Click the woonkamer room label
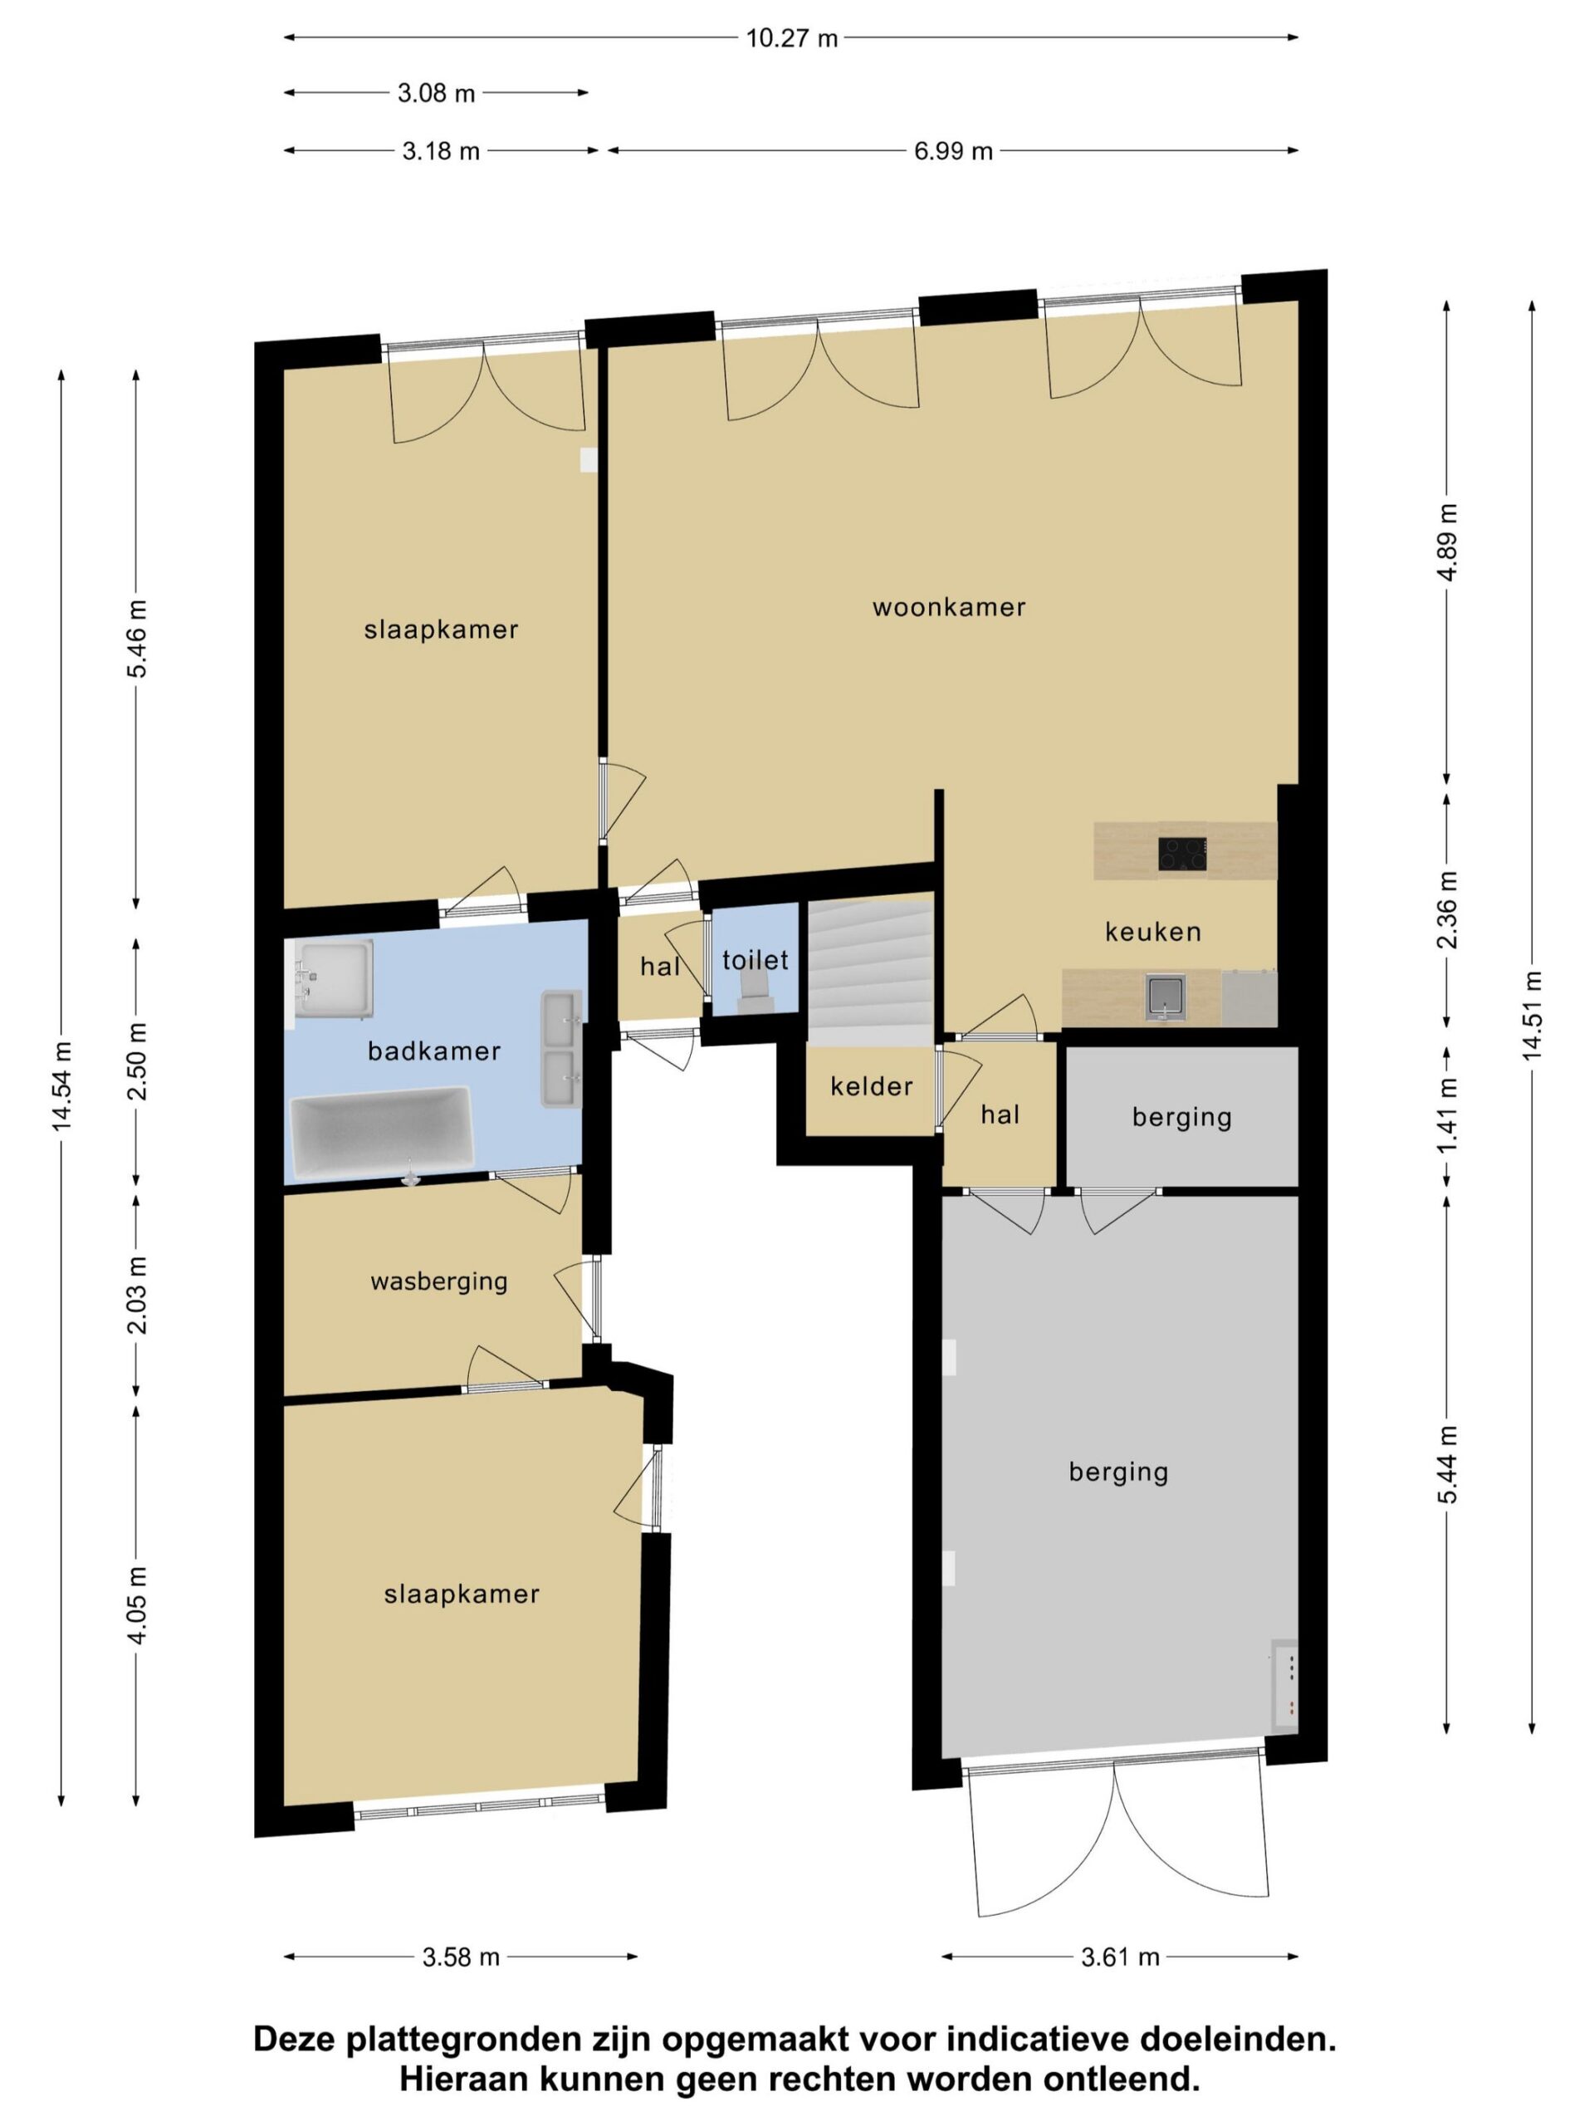pos(948,606)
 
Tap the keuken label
pos(1153,931)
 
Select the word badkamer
pos(434,1051)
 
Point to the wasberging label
pos(439,1281)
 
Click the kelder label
pos(872,1086)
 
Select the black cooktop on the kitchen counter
pos(1183,854)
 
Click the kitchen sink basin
pos(1166,997)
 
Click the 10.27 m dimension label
pos(792,38)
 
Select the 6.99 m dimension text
pos(953,151)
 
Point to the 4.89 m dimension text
pos(1448,541)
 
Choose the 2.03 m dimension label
pos(136,1296)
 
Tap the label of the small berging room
pos(1182,1117)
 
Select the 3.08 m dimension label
pos(436,93)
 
